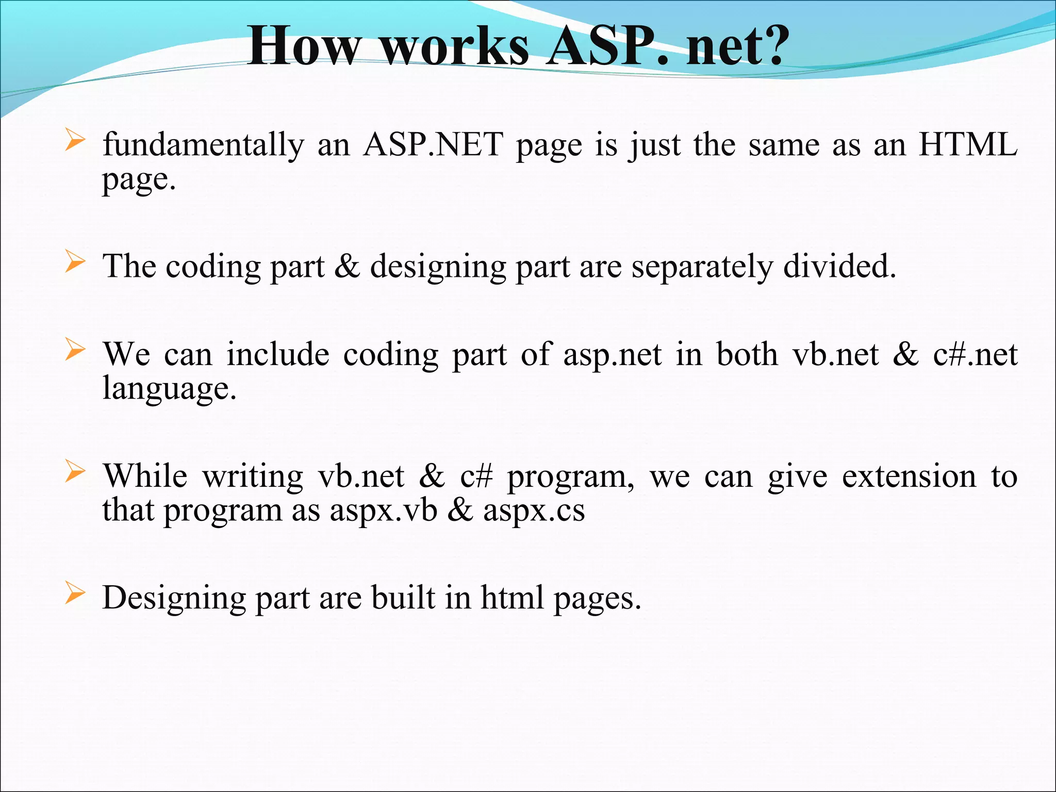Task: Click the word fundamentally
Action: tap(204, 145)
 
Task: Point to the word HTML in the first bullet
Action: tap(968, 145)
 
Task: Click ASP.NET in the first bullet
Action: tap(433, 145)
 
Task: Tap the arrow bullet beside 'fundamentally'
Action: tap(75, 140)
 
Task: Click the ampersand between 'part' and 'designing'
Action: tap(347, 267)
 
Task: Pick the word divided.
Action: tap(839, 267)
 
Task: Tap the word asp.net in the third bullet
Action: tap(612, 355)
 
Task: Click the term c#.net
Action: tap(975, 355)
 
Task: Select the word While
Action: tap(145, 476)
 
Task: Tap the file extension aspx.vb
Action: tap(383, 511)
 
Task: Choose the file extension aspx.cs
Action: tap(534, 511)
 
